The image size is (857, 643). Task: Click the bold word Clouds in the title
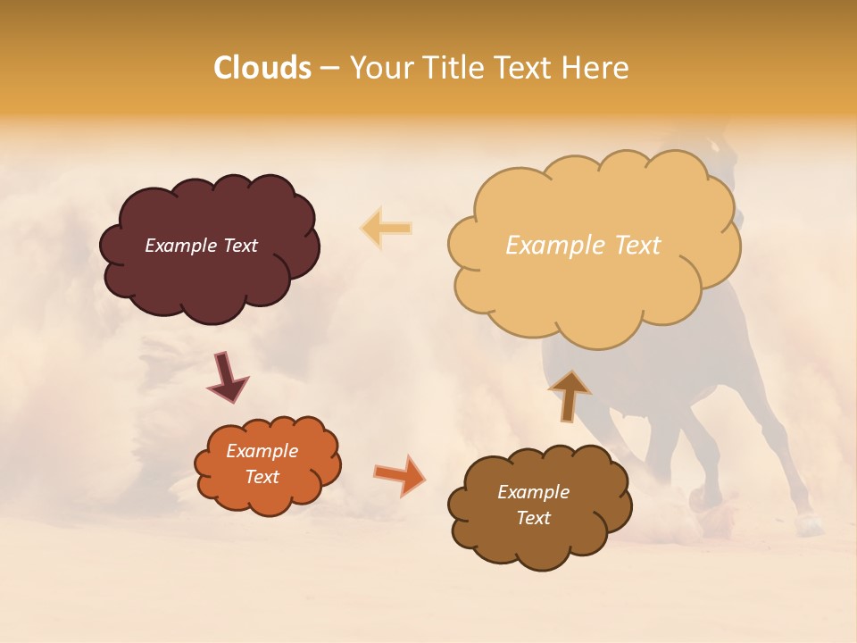(262, 68)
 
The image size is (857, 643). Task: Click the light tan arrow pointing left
(387, 228)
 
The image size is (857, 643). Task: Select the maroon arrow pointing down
(228, 376)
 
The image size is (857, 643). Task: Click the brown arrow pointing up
(569, 395)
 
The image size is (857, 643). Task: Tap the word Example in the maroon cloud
(181, 246)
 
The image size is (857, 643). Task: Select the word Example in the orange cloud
(262, 451)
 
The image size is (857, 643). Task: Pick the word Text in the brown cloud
(534, 518)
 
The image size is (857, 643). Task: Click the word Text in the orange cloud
(262, 477)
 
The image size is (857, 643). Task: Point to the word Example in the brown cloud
(534, 492)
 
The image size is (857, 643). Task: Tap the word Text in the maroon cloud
(239, 246)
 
